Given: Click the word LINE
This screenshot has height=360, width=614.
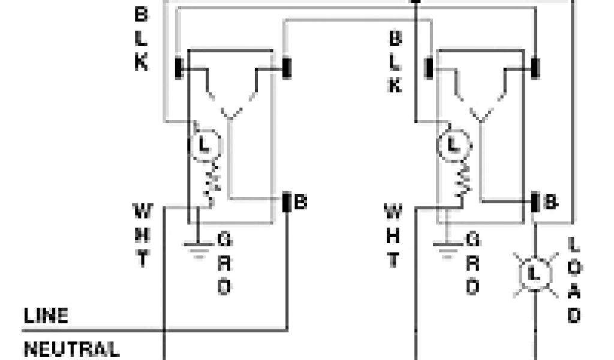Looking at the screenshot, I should pos(46,316).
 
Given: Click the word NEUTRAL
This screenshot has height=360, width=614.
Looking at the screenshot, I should pos(71,349).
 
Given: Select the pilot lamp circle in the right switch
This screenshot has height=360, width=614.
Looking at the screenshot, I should pos(454,146).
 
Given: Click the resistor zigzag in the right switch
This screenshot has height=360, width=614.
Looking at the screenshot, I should pos(463,183).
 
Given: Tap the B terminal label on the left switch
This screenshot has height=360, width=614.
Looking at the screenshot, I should pos(300,202).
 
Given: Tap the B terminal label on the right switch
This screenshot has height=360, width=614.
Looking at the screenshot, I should pos(550,202).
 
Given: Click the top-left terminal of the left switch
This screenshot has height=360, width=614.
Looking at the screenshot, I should pos(179,68).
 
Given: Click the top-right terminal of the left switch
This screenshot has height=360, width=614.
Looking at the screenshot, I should pos(286,68).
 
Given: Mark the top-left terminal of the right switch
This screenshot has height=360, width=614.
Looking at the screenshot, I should pos(429,68).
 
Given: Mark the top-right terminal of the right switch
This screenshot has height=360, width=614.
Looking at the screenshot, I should pos(535,68).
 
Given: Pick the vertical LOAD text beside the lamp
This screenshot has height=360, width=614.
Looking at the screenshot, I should pos(574,280).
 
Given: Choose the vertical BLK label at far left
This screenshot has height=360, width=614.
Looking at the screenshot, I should pos(141,40).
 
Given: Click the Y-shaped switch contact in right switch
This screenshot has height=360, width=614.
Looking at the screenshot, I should pos(481,112).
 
